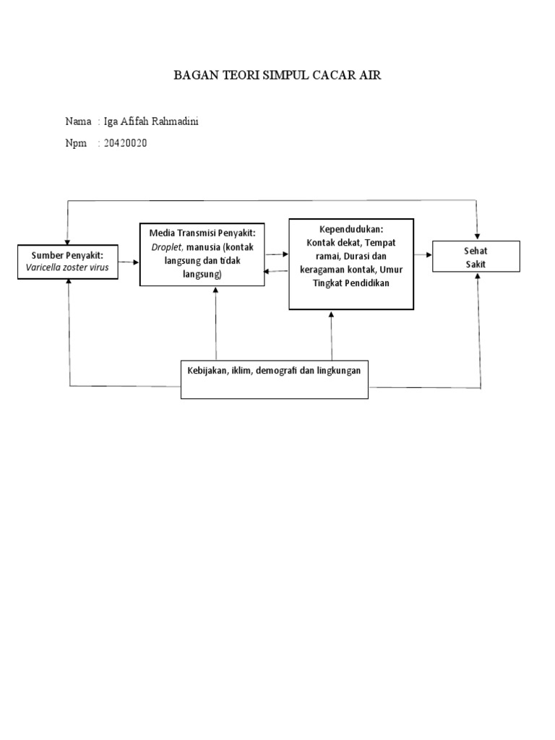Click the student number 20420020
(126, 143)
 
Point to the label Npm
(75, 143)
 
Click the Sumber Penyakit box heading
(68, 256)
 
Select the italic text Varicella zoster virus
(68, 267)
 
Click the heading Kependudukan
(351, 229)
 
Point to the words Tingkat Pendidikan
(351, 283)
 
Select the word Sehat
(476, 251)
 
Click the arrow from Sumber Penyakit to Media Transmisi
(129, 262)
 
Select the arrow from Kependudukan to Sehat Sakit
(423, 255)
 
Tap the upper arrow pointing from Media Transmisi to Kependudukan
(277, 254)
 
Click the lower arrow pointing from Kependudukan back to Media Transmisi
(277, 271)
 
